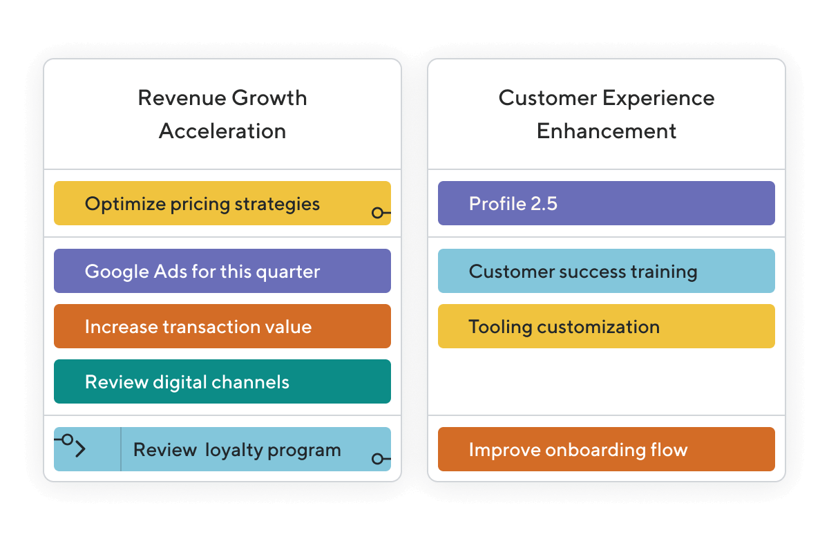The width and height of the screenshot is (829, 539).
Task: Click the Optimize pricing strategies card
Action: tap(222, 203)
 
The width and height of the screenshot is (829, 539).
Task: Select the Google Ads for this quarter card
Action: tap(222, 271)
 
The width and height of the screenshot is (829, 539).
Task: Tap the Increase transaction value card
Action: tap(222, 326)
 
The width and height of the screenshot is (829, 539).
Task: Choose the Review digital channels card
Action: tap(222, 381)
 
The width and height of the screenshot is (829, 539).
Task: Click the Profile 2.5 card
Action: tap(607, 203)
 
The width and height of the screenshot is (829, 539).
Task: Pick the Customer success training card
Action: tap(607, 271)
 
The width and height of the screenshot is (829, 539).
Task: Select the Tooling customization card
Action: tap(607, 326)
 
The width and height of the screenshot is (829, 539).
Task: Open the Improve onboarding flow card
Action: tap(607, 449)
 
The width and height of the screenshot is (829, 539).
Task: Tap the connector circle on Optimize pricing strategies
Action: tap(377, 213)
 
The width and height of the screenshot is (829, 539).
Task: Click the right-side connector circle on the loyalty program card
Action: tap(377, 459)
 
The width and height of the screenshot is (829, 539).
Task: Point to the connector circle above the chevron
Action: tap(68, 439)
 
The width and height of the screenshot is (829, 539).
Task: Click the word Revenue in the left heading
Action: tap(182, 98)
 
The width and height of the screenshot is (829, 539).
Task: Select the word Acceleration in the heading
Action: tap(222, 131)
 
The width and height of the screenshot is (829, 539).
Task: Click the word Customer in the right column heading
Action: tap(547, 98)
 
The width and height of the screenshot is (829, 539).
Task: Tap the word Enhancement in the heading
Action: tap(607, 131)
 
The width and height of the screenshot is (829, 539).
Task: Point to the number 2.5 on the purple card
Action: tap(544, 203)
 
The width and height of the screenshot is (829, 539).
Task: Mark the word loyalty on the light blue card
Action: tap(234, 450)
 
